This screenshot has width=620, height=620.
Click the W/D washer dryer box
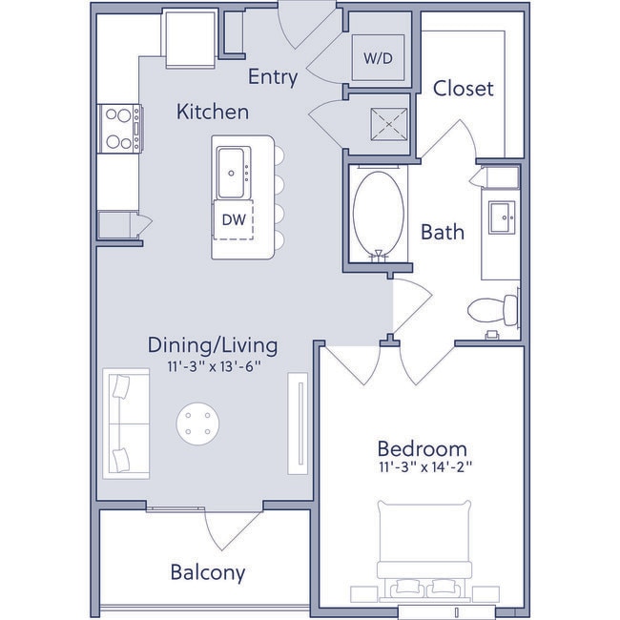tap(378, 57)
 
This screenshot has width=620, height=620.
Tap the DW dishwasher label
tap(234, 218)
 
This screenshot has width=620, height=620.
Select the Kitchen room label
tap(213, 113)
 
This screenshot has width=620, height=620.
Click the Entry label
tap(273, 77)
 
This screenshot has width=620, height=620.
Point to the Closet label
tap(463, 89)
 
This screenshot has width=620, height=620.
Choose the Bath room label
tap(443, 231)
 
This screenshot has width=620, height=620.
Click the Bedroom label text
tap(422, 448)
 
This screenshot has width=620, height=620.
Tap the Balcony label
tap(207, 572)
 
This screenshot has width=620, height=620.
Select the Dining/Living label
tap(212, 344)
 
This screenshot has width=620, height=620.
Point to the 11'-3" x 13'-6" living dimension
tap(212, 364)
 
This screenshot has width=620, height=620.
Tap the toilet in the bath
tap(494, 309)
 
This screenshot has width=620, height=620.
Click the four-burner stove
tap(119, 128)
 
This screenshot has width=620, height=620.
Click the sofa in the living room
tap(125, 424)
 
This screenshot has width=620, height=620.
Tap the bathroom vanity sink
tap(501, 217)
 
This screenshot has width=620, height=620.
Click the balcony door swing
tap(231, 529)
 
